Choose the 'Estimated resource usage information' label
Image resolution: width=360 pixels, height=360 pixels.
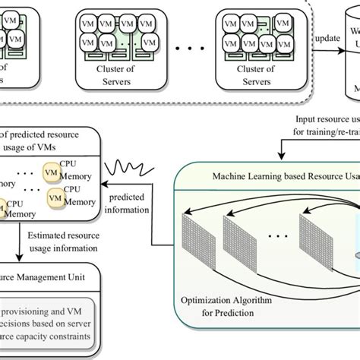coord(64,241)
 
